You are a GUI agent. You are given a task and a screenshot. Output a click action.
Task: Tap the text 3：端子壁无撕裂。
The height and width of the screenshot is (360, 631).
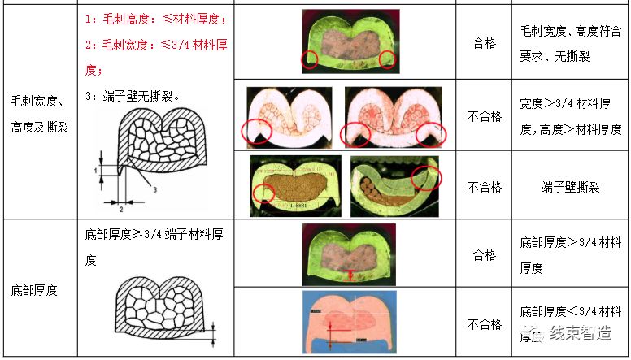132,96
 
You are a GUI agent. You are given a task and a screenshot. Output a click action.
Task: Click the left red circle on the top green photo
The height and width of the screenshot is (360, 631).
308,59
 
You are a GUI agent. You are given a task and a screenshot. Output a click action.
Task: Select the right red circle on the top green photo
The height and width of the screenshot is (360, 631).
387,59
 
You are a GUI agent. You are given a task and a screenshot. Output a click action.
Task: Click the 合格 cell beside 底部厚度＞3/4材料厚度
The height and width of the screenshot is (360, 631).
484,254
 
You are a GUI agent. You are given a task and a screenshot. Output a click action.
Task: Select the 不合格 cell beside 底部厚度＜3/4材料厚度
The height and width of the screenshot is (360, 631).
484,324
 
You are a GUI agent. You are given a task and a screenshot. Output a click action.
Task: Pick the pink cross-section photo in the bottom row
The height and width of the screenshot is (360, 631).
349,322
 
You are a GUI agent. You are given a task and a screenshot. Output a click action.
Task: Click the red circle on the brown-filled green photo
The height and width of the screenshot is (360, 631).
263,193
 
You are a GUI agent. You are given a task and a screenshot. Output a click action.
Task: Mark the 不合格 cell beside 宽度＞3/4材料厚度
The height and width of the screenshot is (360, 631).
484,116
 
